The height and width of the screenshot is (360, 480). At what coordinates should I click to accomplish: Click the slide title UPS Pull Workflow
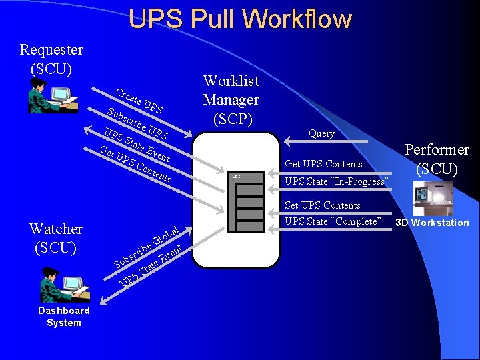(x=240, y=19)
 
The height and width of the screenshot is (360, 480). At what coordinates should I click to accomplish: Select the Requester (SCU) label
(x=51, y=59)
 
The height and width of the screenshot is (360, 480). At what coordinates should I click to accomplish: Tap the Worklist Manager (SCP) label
(x=231, y=100)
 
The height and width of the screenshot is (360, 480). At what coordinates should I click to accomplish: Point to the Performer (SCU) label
(x=437, y=159)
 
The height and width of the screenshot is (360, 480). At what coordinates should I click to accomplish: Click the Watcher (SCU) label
(x=56, y=238)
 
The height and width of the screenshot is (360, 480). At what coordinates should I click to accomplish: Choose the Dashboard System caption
(x=64, y=317)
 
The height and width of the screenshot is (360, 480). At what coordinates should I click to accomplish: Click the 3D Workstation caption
(x=432, y=223)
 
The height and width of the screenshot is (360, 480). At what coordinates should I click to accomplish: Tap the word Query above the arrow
(x=321, y=133)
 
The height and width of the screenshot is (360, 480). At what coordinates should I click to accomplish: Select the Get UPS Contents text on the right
(x=323, y=164)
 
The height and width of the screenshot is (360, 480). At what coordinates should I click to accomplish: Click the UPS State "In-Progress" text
(x=336, y=181)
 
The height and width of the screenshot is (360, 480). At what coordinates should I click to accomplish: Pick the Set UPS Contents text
(x=322, y=205)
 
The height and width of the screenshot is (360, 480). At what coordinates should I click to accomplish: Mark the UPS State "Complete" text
(x=332, y=221)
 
